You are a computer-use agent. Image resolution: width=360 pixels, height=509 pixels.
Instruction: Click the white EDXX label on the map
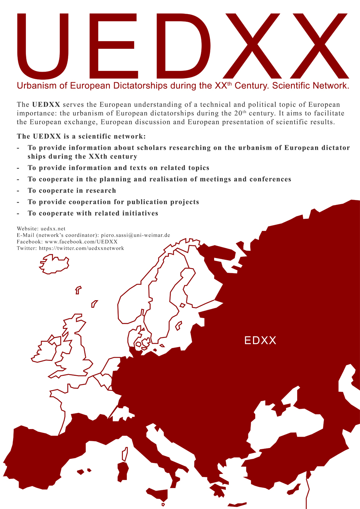tap(260, 340)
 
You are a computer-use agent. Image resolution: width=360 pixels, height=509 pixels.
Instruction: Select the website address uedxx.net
tap(53, 229)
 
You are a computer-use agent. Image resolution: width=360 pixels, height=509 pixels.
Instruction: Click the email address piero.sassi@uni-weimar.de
tap(135, 235)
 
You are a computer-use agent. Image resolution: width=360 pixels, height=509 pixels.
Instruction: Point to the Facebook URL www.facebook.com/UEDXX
tap(81, 242)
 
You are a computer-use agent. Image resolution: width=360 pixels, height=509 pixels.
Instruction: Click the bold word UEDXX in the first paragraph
tap(46, 104)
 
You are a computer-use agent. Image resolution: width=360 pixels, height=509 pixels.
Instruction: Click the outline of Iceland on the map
tap(54, 264)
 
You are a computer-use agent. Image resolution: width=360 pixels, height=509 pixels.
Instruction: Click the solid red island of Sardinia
tap(123, 471)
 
